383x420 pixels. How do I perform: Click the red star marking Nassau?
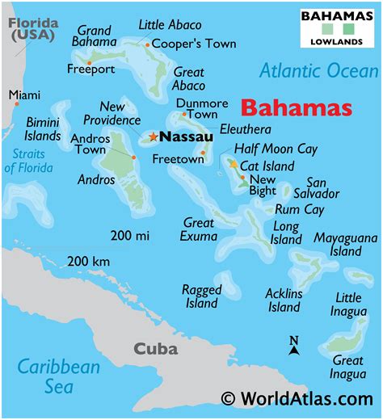153,137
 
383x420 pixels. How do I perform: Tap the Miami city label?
24,95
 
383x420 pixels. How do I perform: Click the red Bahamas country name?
297,108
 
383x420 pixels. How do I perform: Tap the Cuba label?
155,349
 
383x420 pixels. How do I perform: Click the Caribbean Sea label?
60,376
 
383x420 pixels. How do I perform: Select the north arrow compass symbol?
294,346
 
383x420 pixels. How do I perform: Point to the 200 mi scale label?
130,235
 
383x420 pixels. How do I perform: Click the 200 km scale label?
89,261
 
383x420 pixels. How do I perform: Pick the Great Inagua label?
347,367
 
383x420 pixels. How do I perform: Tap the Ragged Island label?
201,296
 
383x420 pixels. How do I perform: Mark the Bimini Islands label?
42,128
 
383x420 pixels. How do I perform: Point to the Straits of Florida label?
27,161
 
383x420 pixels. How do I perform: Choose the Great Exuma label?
199,229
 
